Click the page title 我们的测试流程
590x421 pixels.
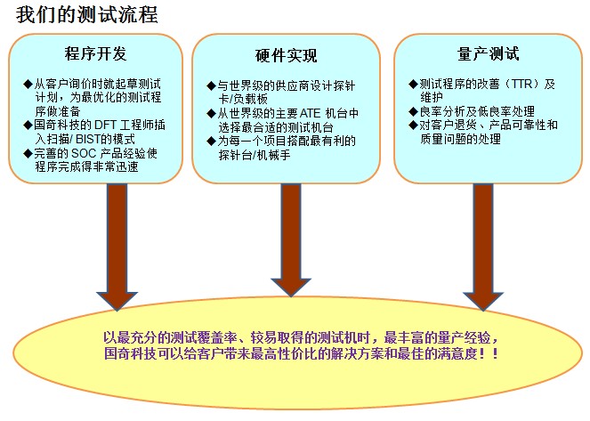tap(86, 15)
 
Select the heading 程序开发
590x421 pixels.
tap(95, 53)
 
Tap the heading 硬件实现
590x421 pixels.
tap(286, 56)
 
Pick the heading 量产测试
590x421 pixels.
tap(489, 53)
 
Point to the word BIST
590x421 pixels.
tap(88, 139)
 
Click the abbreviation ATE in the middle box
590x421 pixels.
tap(310, 113)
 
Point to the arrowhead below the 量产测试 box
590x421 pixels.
tap(483, 302)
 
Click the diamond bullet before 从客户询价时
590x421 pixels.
tap(28, 84)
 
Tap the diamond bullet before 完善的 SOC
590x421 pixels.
tap(28, 153)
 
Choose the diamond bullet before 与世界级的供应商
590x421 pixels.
tap(211, 85)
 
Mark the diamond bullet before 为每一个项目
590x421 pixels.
tap(211, 142)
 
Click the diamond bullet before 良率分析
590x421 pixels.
tap(413, 111)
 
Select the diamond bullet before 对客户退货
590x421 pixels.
tap(413, 125)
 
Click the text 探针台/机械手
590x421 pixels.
tap(255, 155)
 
